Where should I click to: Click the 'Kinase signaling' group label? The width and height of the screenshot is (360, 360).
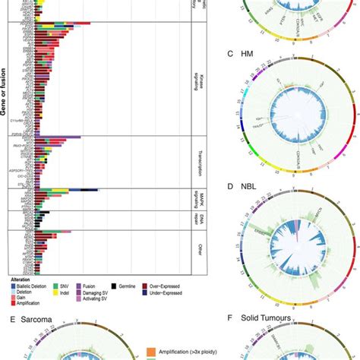pyautogui.click(x=194, y=77)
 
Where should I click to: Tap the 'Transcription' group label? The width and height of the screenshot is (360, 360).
pyautogui.click(x=194, y=161)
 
